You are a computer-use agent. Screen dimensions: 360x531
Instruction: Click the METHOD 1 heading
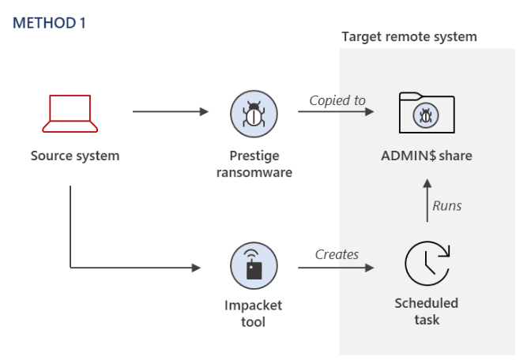(49, 23)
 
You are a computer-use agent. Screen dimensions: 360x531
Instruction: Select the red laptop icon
(71, 114)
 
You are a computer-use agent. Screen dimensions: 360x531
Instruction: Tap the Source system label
(75, 156)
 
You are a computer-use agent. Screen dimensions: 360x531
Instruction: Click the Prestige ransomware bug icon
(254, 112)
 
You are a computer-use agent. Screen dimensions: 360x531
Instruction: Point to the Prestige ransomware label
(254, 164)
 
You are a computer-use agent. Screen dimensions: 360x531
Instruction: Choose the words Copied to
(337, 100)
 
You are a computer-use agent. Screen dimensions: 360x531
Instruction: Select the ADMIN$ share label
(426, 156)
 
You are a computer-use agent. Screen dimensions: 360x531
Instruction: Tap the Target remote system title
(409, 37)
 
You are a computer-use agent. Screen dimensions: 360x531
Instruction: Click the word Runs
(446, 206)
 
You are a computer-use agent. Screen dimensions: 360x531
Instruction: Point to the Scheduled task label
(426, 311)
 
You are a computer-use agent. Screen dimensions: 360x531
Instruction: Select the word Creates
(337, 254)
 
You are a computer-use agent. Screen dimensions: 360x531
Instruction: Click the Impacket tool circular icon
(254, 266)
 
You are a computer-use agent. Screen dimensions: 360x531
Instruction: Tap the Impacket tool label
(254, 313)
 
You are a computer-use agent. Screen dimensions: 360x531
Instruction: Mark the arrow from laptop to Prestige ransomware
(170, 112)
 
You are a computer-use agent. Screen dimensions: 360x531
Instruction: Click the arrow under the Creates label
(336, 268)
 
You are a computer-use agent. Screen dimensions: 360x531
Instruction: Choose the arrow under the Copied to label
(336, 112)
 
